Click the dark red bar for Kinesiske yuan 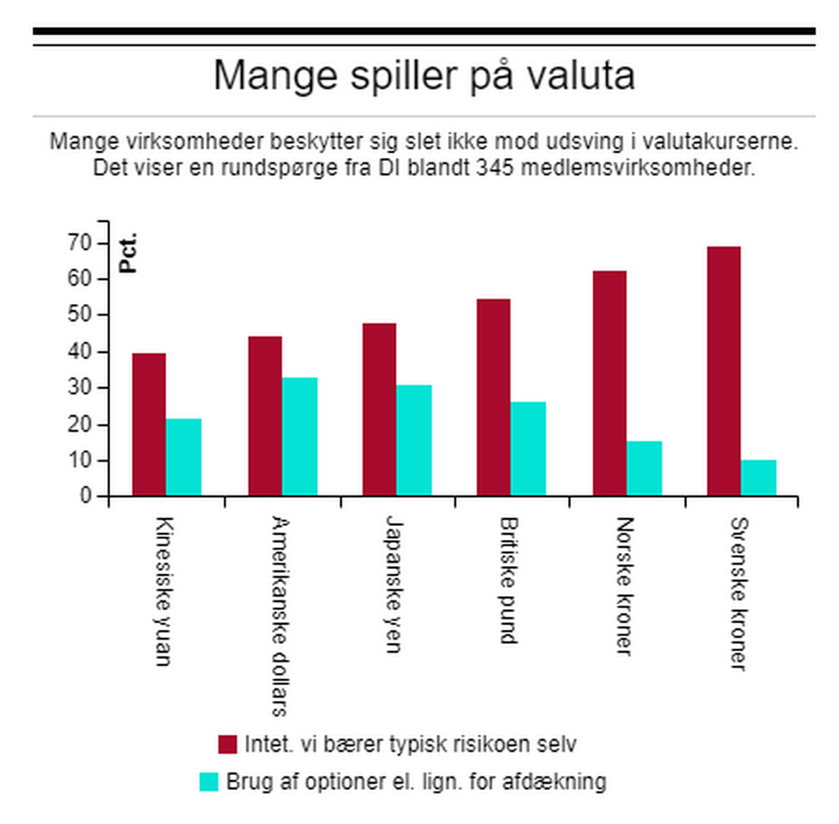click(149, 425)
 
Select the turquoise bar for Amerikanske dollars click(300, 437)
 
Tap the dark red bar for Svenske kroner click(724, 371)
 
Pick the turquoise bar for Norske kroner click(644, 468)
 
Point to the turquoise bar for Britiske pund click(529, 449)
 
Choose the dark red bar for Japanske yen click(379, 410)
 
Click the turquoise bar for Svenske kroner click(759, 478)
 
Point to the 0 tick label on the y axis click(87, 496)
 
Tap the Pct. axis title click(128, 254)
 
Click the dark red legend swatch click(228, 744)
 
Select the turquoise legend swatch click(209, 781)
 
